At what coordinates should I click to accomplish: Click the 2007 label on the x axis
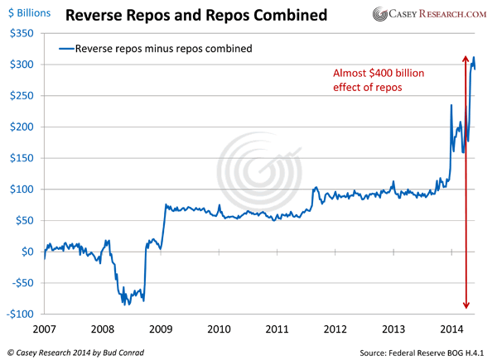point(46,329)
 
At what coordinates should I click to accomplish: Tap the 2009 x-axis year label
point(162,329)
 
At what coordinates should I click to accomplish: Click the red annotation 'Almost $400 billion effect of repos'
point(372,81)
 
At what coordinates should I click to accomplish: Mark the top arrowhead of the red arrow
point(467,57)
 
